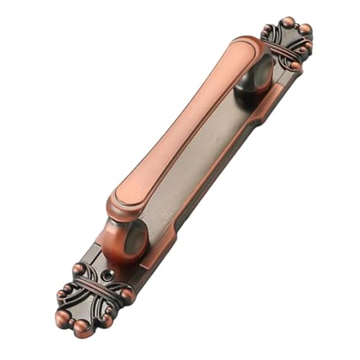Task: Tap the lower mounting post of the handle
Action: coord(121,238)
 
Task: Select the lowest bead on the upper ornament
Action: coord(294,66)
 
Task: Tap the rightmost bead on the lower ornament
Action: coord(127,294)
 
